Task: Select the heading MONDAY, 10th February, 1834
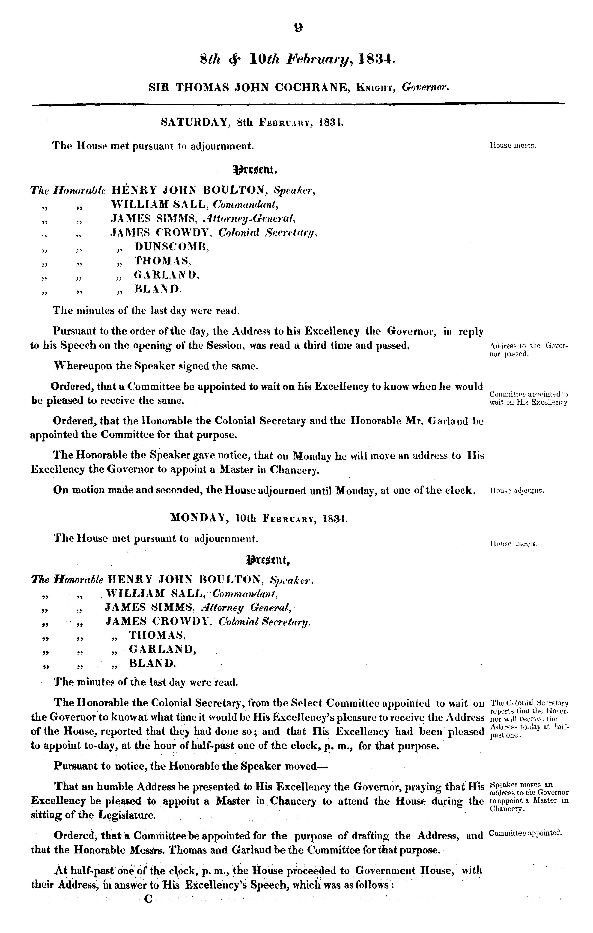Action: [x=259, y=518]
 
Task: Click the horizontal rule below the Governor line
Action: [x=298, y=104]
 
